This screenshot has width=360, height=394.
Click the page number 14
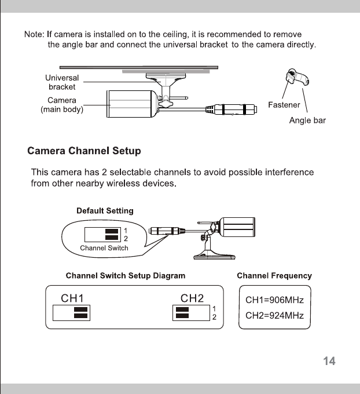[x=329, y=362]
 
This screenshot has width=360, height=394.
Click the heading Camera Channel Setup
[x=85, y=152]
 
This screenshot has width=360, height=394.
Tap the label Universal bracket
[x=61, y=82]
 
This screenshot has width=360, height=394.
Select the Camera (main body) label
[x=61, y=105]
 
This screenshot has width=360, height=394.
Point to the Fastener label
[x=284, y=105]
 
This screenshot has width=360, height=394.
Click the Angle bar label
[x=307, y=121]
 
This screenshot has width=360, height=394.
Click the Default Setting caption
[x=105, y=210]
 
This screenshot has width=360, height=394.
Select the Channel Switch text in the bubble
[x=104, y=248]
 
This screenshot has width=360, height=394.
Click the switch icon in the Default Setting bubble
[x=102, y=234]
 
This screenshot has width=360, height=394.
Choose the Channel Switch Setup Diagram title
[x=126, y=276]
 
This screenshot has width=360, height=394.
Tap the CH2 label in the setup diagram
[x=192, y=298]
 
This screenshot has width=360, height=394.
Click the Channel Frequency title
[x=274, y=276]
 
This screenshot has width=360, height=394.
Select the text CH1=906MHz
[x=274, y=301]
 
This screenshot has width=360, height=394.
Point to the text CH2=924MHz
[x=274, y=316]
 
